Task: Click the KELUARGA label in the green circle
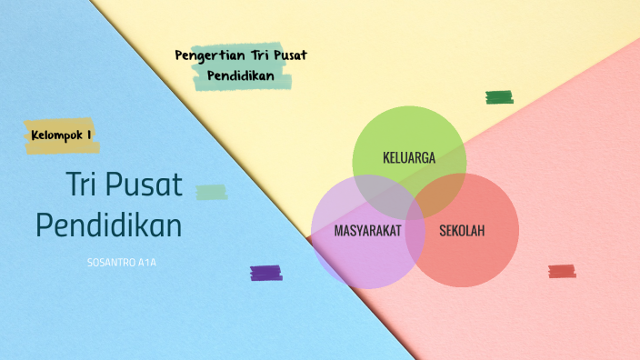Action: click(x=409, y=157)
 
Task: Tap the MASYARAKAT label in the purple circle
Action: click(x=367, y=231)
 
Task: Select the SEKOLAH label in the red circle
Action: click(x=462, y=231)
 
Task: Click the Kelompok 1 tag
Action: click(x=61, y=135)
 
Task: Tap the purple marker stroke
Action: click(x=265, y=272)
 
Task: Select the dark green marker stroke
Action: click(x=499, y=97)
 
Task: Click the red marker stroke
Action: click(x=562, y=271)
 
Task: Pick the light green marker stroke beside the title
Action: click(x=212, y=192)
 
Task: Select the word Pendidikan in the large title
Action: click(x=108, y=225)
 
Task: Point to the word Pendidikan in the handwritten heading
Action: click(x=241, y=75)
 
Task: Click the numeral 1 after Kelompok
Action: click(x=89, y=135)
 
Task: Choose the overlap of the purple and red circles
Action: click(x=416, y=238)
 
